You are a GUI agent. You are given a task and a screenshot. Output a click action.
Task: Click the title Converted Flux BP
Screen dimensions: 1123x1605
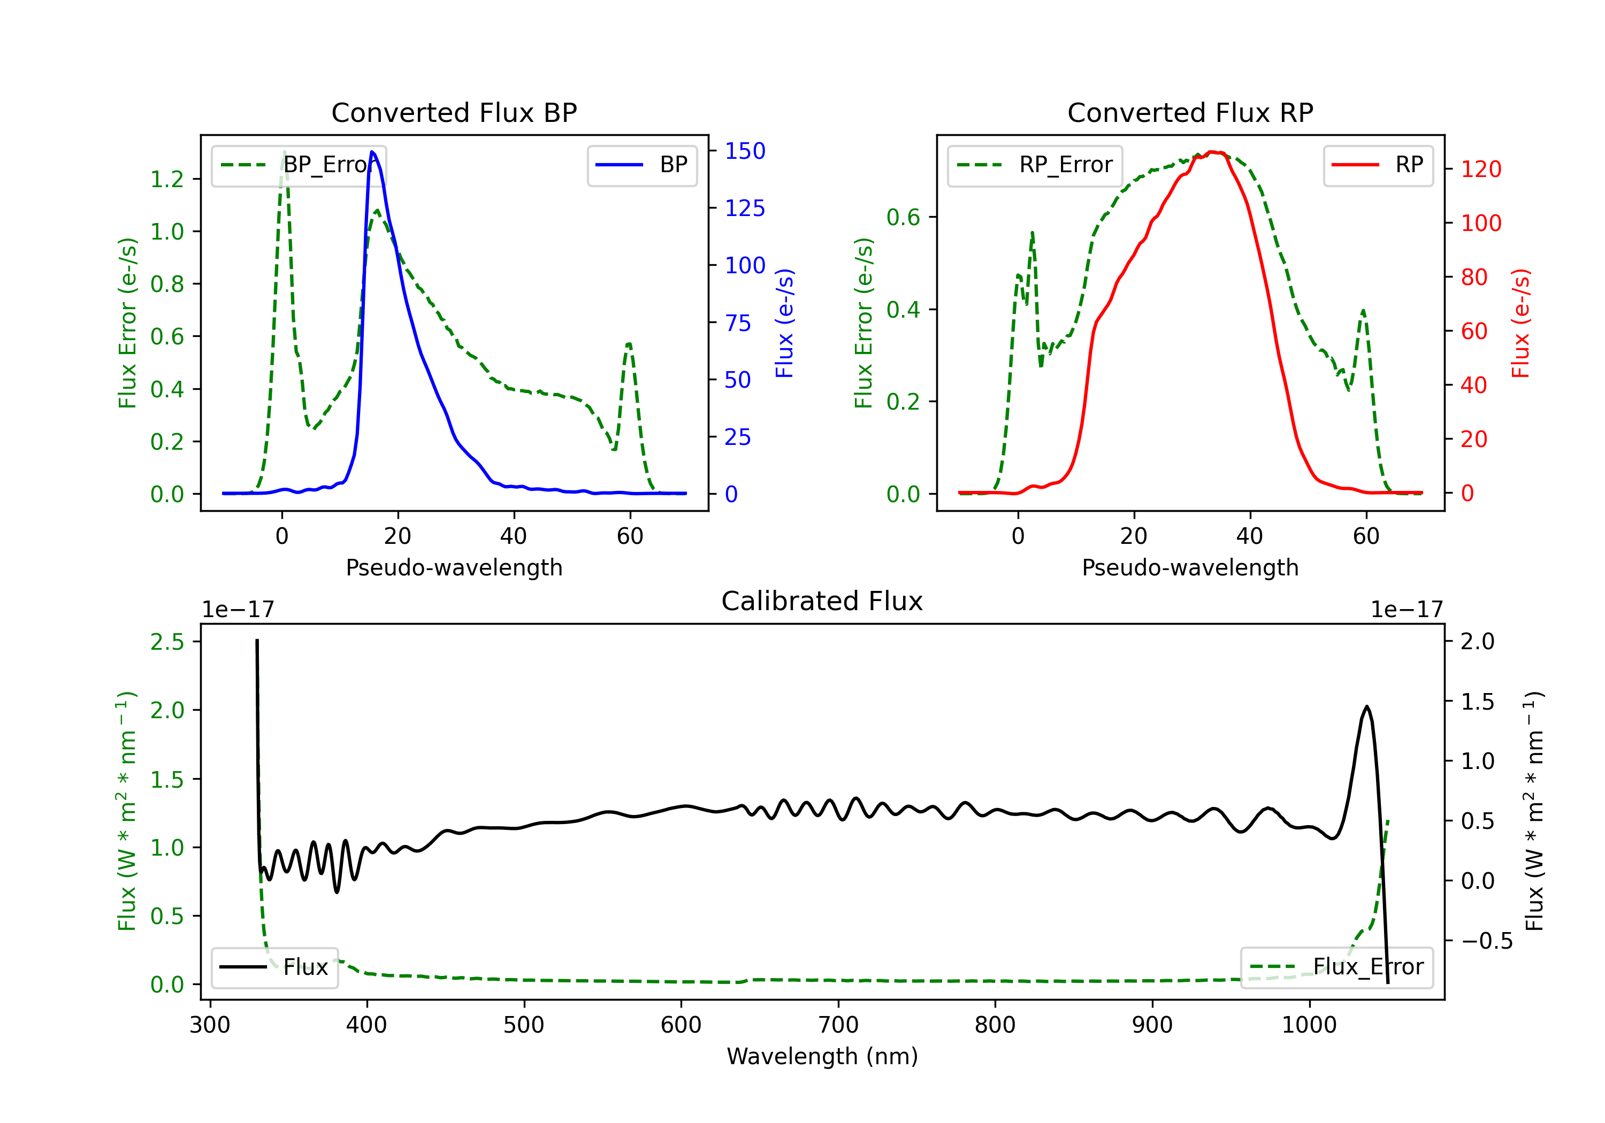coord(454,112)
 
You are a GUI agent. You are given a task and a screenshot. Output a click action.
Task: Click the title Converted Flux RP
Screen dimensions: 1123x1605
coord(1190,112)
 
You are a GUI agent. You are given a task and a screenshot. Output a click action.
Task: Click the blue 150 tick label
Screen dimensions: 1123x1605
coord(745,151)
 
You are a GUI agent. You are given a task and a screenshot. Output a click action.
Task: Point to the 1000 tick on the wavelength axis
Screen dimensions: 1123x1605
coord(1309,1025)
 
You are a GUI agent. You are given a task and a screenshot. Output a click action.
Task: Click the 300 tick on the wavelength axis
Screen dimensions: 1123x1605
coord(210,1025)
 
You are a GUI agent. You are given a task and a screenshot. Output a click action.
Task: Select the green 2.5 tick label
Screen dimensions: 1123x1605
coord(167,642)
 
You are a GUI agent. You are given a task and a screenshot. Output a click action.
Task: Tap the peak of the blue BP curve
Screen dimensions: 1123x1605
coord(372,152)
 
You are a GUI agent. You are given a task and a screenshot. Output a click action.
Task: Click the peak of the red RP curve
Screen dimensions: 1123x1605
coord(1213,152)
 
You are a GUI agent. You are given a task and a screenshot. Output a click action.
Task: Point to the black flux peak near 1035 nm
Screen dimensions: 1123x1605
coord(1366,706)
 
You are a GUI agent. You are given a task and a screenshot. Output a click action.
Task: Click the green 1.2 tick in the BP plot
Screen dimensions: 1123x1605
coord(167,179)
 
